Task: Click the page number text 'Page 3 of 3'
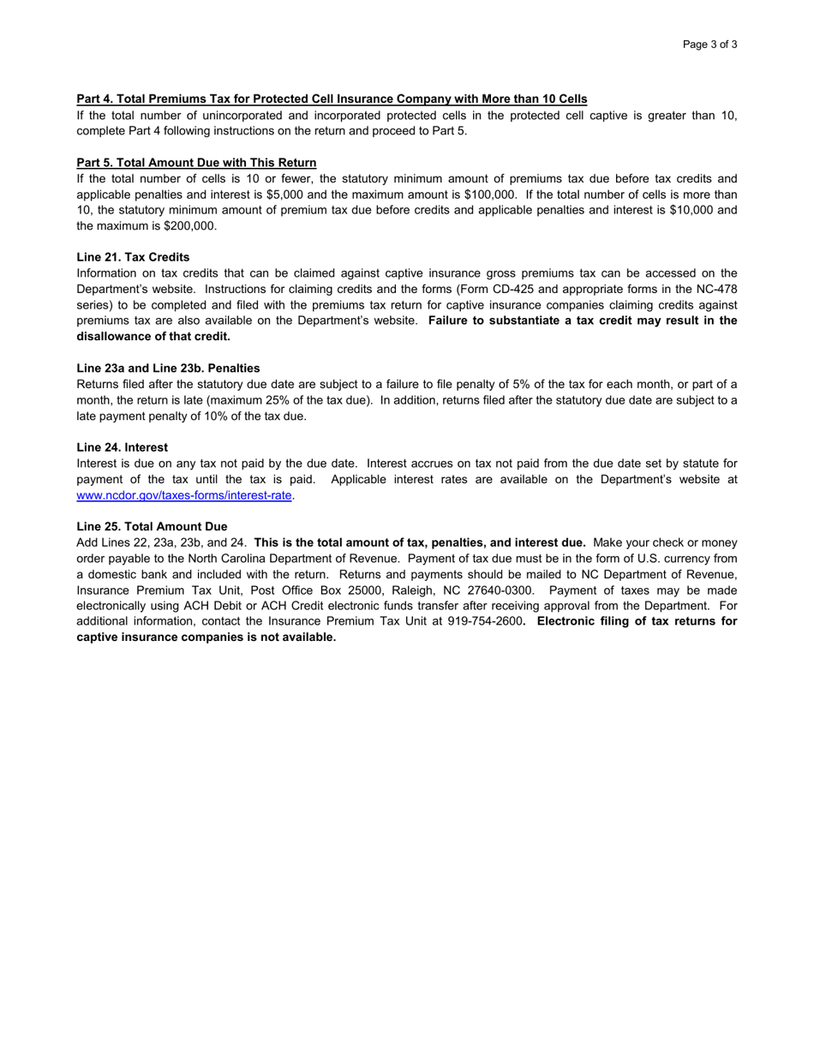click(709, 45)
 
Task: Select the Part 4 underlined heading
click(332, 99)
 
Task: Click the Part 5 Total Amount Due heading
click(196, 163)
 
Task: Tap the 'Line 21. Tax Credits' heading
click(133, 257)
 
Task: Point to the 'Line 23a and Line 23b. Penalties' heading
click(168, 368)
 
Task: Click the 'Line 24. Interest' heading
click(122, 447)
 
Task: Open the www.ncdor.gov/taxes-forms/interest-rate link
click(184, 495)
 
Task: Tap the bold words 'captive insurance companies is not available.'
click(206, 637)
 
